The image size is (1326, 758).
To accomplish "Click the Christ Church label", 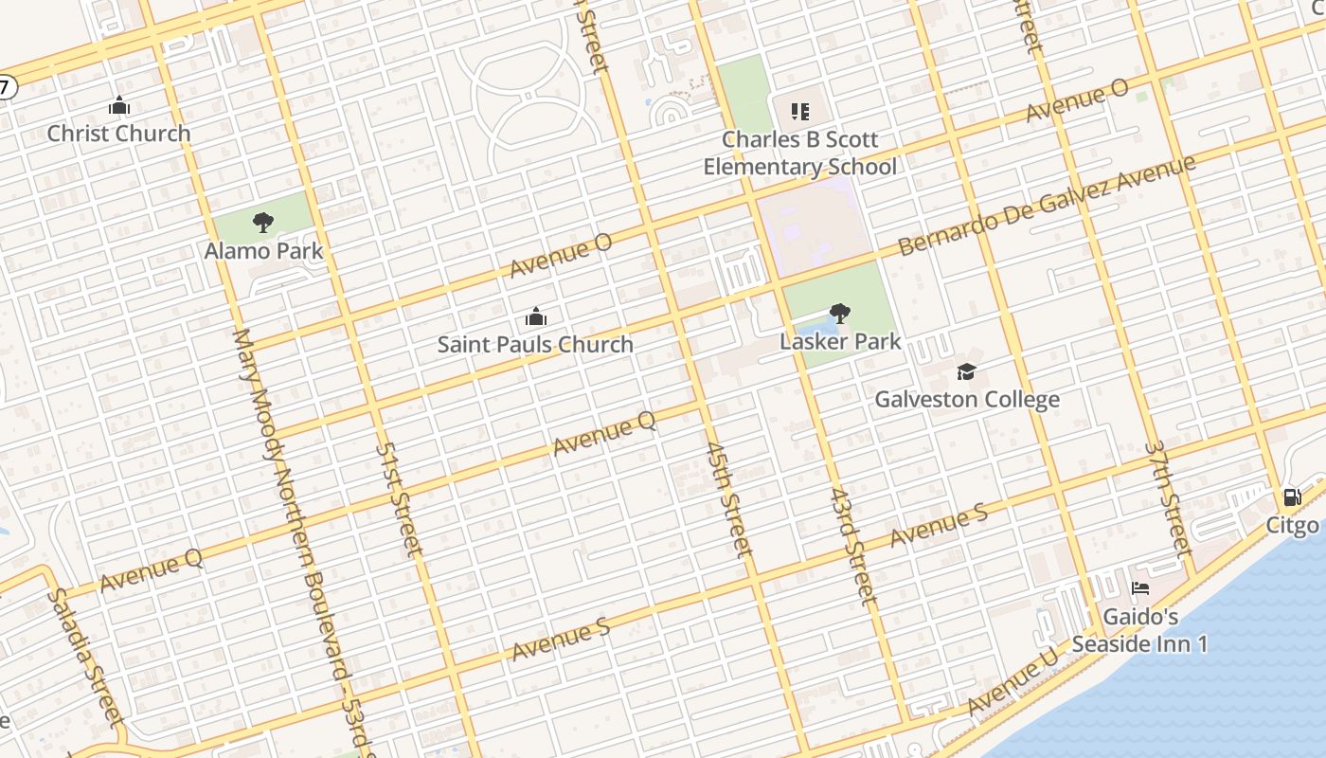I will pyautogui.click(x=118, y=134).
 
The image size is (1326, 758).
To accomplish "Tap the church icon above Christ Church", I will pyautogui.click(x=118, y=105).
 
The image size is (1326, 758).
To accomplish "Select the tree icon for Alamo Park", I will pyautogui.click(x=263, y=223).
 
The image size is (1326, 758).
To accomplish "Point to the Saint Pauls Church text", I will pyautogui.click(x=535, y=344).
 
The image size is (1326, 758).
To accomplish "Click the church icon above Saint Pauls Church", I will pyautogui.click(x=536, y=316).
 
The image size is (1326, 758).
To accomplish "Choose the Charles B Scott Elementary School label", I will pyautogui.click(x=799, y=153).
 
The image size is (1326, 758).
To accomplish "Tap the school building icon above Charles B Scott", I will pyautogui.click(x=800, y=112).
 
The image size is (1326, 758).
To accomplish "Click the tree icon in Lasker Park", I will pyautogui.click(x=839, y=313).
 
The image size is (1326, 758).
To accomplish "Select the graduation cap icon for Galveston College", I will pyautogui.click(x=966, y=370).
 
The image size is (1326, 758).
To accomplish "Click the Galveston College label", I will pyautogui.click(x=966, y=399).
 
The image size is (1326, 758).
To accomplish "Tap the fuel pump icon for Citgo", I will pyautogui.click(x=1292, y=497).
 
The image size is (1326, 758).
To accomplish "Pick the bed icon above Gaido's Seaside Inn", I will pyautogui.click(x=1140, y=588).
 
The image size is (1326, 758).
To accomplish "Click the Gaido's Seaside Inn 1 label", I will pyautogui.click(x=1140, y=630).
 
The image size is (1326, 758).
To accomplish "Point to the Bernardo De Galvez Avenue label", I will pyautogui.click(x=1046, y=205).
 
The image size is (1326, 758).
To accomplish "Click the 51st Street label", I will pyautogui.click(x=399, y=498).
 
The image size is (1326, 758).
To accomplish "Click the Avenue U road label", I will pyautogui.click(x=1012, y=683).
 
